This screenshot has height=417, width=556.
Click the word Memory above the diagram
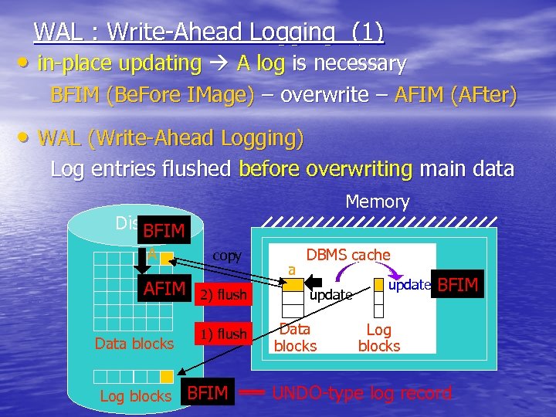pos(377,202)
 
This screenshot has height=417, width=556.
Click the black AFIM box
pos(164,289)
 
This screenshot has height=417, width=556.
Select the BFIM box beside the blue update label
pos(458,286)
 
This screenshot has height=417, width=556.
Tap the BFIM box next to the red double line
pos(208,393)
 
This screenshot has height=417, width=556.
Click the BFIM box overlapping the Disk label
pos(164,230)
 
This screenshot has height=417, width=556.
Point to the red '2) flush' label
pos(223,295)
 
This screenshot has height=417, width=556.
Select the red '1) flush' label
pos(223,334)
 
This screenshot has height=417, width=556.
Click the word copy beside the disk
pos(227,256)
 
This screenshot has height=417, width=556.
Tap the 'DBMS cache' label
pos(348,255)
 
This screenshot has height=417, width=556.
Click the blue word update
pos(409,284)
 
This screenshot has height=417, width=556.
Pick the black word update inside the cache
pos(331,295)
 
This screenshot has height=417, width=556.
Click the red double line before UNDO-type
pos(252,393)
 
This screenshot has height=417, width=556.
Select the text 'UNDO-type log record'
pos(361,393)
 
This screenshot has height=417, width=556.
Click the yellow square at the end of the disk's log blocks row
pos(166,377)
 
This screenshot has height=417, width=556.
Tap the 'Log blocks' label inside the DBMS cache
pos(378,338)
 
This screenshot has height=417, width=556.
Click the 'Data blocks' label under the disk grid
pos(134,344)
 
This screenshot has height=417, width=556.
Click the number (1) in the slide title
pos(367,32)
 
